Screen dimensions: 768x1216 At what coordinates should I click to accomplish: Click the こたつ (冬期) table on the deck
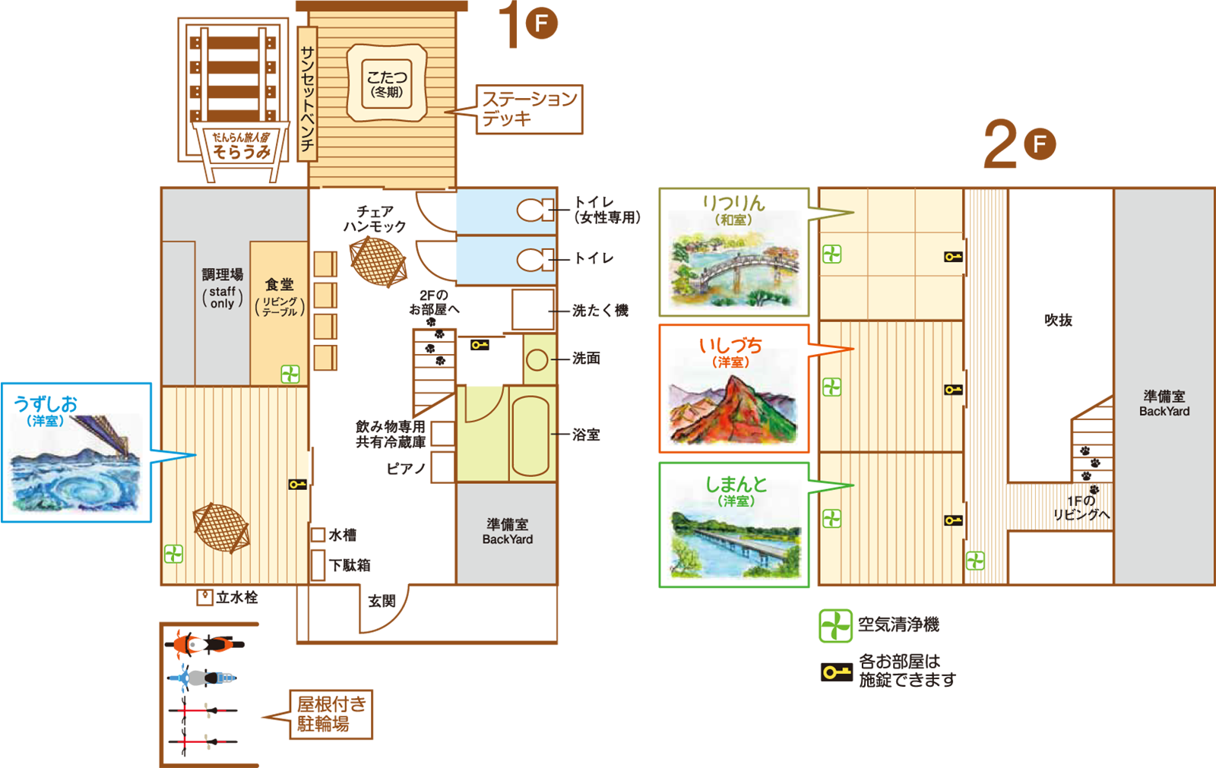point(386,84)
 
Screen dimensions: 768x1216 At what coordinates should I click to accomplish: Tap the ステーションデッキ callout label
point(529,109)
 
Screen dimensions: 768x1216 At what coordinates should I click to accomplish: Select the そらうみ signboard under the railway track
point(241,146)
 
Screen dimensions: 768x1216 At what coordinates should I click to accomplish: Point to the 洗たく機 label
point(600,310)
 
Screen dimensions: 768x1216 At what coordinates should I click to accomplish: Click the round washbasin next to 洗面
point(537,359)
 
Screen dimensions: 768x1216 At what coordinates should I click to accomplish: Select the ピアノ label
point(406,469)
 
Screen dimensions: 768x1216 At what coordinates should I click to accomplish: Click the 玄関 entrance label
point(382,601)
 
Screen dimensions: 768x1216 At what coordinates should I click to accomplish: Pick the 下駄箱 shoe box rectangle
point(318,565)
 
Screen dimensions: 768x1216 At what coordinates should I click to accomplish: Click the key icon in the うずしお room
point(297,484)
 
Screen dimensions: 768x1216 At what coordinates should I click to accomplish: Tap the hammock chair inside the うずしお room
point(220,526)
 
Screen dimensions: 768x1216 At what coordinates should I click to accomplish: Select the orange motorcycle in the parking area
point(204,645)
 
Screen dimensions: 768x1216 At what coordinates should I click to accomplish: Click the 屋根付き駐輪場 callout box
point(331,714)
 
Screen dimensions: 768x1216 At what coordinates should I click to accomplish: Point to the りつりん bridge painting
point(733,270)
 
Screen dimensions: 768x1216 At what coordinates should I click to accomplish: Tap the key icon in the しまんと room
point(953,520)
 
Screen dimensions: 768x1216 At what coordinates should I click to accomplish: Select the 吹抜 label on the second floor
point(1058,320)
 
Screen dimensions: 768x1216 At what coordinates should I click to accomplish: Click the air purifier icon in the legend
point(835,625)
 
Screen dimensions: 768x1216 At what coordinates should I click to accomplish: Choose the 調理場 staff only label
point(222,288)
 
